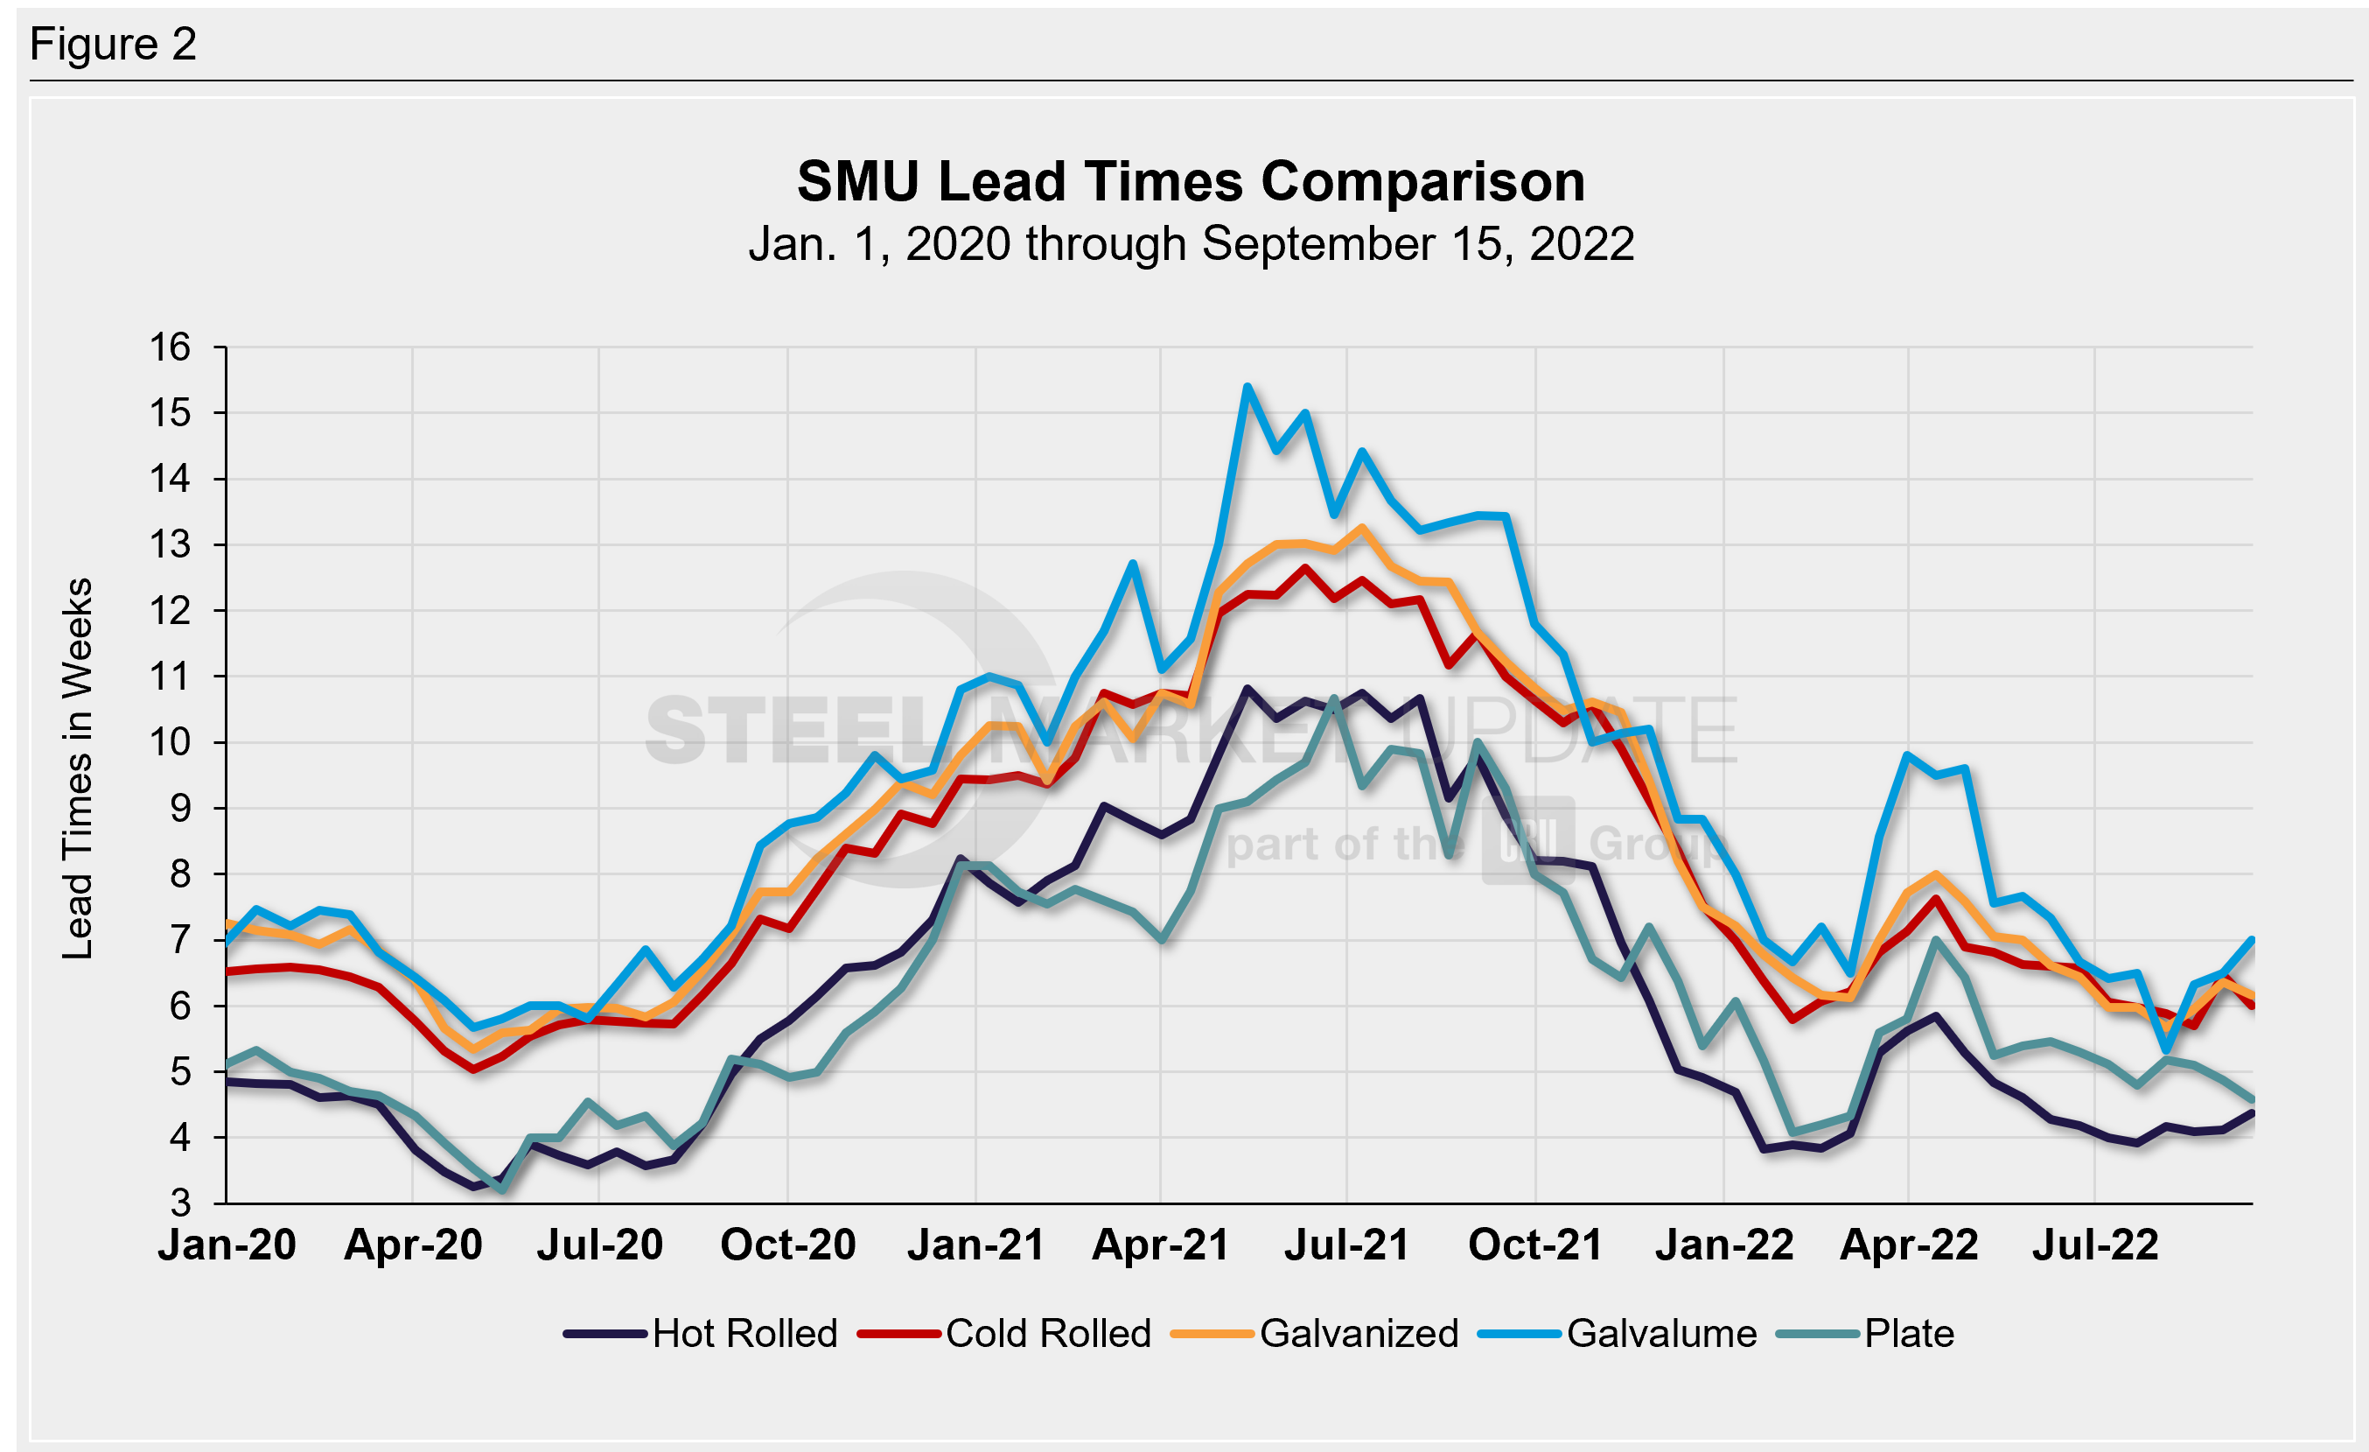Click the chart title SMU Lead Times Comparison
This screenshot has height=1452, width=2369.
point(1191,182)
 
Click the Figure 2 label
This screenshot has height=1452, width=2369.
point(113,45)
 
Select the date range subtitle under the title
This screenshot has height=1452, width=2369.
point(1191,244)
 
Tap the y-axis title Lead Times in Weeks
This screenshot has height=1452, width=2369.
point(78,768)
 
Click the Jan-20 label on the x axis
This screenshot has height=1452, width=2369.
point(227,1245)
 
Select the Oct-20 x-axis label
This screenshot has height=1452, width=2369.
point(787,1245)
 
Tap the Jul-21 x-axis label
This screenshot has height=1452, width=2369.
point(1346,1245)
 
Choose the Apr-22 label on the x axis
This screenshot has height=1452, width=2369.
point(1909,1245)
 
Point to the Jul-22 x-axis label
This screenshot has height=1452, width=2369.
point(2095,1245)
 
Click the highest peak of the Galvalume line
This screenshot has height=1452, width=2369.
point(1247,387)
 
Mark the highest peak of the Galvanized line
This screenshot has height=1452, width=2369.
point(1361,527)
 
